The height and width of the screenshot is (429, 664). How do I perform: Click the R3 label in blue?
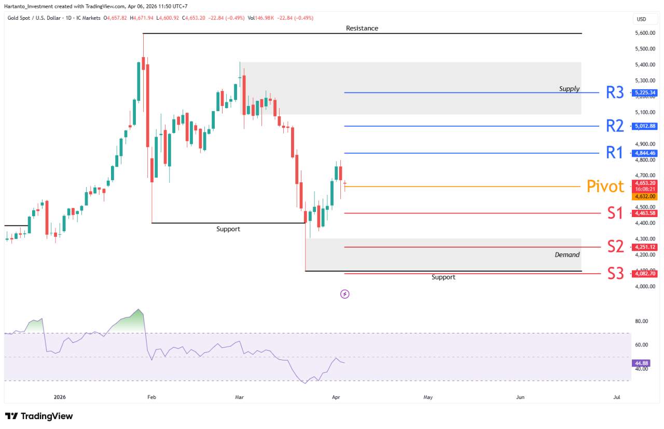(615, 93)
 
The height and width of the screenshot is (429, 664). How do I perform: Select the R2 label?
(615, 126)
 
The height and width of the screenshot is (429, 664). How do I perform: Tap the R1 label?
(615, 153)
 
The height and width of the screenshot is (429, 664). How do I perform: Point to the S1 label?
(615, 213)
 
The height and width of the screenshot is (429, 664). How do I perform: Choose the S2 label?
(615, 247)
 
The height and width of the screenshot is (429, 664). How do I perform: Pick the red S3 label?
(615, 273)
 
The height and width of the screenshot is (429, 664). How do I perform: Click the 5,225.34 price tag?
(644, 93)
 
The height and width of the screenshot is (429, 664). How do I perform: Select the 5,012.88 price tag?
(644, 126)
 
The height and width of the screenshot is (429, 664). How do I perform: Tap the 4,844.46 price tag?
(644, 153)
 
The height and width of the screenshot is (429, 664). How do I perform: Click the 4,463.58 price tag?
(644, 213)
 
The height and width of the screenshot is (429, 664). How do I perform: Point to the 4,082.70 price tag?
(644, 273)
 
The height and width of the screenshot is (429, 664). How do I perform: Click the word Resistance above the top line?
(362, 28)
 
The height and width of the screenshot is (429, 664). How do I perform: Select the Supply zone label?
(569, 89)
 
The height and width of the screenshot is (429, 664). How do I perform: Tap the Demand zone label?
(567, 254)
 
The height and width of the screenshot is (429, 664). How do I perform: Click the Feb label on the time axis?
(151, 397)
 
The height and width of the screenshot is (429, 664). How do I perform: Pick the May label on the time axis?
(428, 397)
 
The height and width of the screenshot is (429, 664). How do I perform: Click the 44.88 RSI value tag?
(642, 363)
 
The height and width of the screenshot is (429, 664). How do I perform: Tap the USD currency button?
(642, 19)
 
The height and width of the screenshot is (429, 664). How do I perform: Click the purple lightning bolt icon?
(344, 294)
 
